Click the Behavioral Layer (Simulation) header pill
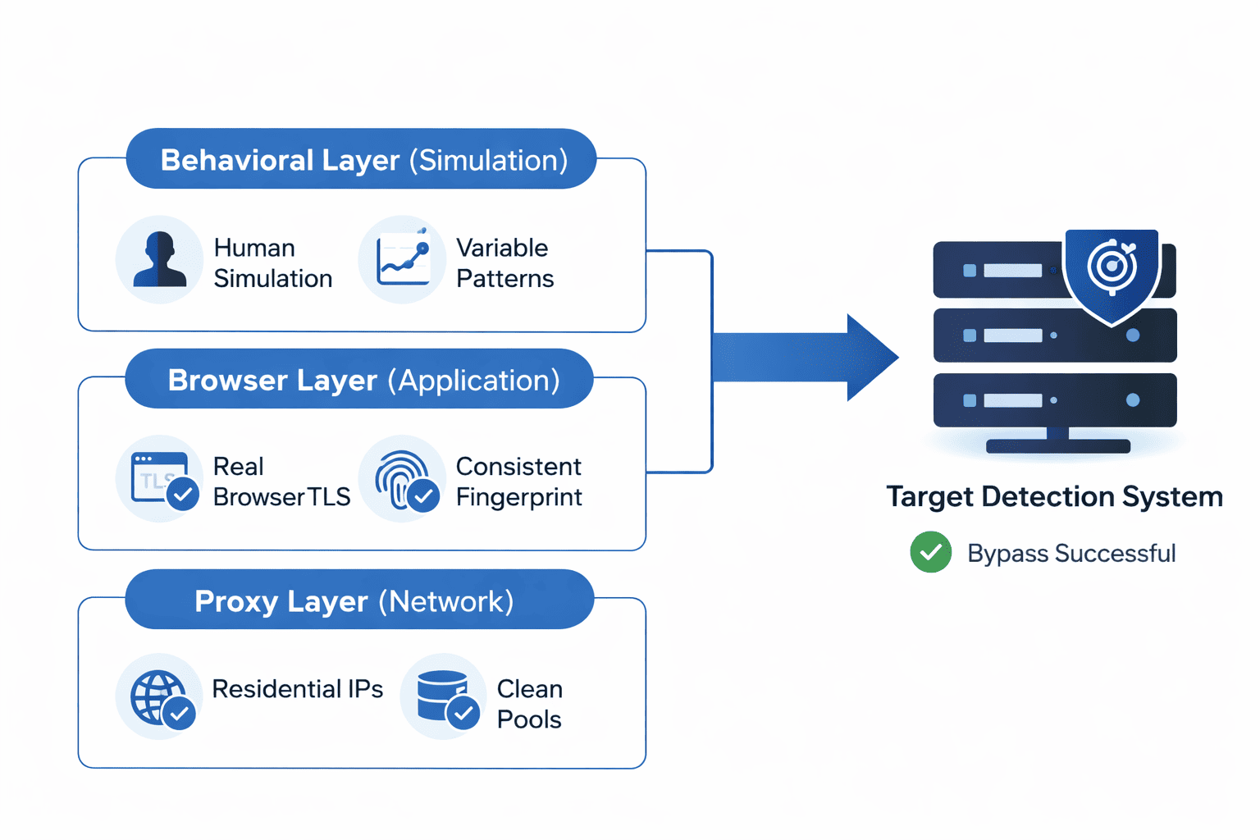(361, 159)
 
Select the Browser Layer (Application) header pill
(359, 379)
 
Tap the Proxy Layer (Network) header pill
(359, 600)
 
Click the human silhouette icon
(159, 259)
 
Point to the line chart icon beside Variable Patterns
(403, 259)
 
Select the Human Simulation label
(272, 263)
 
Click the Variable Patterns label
(504, 263)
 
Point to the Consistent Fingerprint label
(518, 482)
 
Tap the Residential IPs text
(297, 689)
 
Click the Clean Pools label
(529, 704)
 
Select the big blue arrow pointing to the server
(804, 358)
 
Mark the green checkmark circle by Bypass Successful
(930, 552)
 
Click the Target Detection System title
(1054, 497)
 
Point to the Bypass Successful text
(1071, 554)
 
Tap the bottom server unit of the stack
(1055, 400)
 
